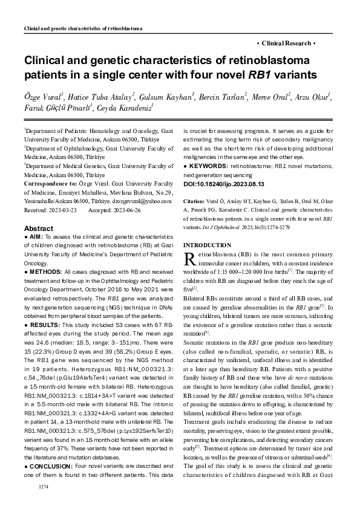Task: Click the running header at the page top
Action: pyautogui.click(x=82, y=28)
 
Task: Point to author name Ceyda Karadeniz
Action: pyautogui.click(x=126, y=108)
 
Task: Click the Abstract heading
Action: pyautogui.click(x=39, y=229)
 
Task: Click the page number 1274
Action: pyautogui.click(x=42, y=487)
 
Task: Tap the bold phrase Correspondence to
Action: pyautogui.click(x=48, y=183)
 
